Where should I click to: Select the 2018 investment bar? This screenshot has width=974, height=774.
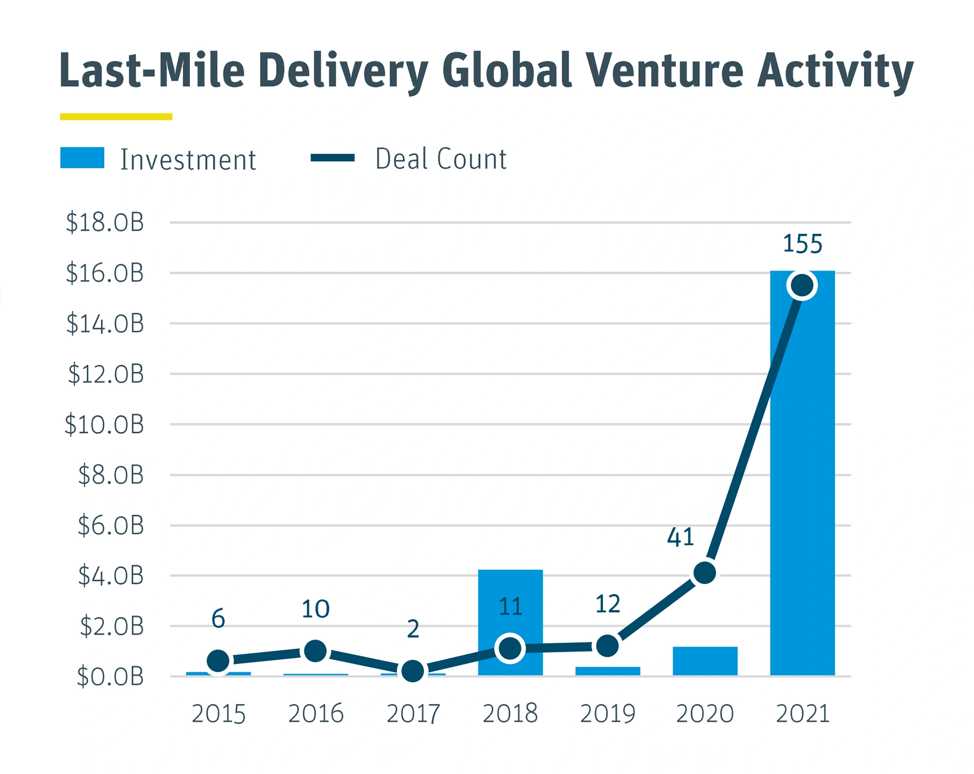coord(510,608)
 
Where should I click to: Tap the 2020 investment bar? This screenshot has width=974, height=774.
coord(705,661)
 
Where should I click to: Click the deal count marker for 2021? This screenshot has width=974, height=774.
coord(802,286)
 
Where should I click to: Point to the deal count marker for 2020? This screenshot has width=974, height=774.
coord(704,573)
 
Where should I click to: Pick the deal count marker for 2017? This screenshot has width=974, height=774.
coord(412,671)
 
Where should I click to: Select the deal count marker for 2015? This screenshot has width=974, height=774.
coord(218,661)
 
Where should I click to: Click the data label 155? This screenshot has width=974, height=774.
coord(802,244)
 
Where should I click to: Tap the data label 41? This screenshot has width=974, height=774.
coord(680,538)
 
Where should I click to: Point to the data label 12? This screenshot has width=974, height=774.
coord(607,604)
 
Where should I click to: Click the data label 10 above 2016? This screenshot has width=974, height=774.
coord(316,609)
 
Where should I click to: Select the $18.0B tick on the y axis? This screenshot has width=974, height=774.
coord(105,222)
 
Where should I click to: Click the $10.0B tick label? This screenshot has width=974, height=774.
coord(104,424)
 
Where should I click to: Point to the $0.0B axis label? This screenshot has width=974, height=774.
coord(110,676)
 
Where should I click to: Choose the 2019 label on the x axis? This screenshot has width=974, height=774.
coord(607,714)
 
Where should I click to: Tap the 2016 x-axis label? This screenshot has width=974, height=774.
coord(316,714)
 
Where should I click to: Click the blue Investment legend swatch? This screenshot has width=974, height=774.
coord(82,158)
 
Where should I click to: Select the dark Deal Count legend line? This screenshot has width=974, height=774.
coord(333,158)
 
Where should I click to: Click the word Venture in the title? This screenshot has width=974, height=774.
coord(664,72)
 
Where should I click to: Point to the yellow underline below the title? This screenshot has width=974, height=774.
coord(116,117)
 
